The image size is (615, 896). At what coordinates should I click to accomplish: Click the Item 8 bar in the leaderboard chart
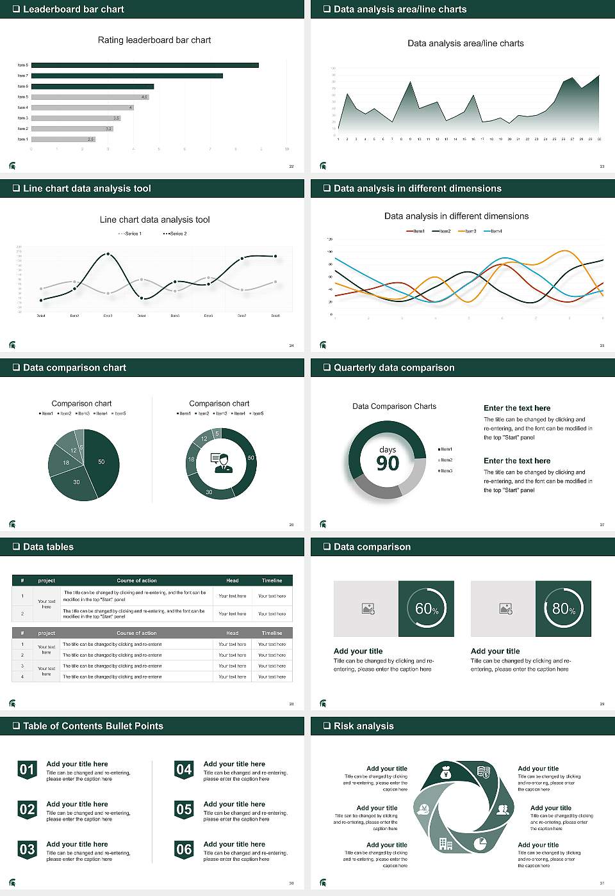coord(145,65)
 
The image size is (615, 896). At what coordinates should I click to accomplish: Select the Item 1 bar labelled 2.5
coord(63,139)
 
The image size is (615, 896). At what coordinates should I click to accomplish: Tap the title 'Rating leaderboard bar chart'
coord(154,40)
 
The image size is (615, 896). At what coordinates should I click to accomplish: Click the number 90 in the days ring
coord(388,463)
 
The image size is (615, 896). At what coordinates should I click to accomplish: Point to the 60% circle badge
coord(427,609)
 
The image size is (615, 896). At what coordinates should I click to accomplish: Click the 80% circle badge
coord(563,609)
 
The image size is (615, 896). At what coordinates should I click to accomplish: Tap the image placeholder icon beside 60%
coord(368,609)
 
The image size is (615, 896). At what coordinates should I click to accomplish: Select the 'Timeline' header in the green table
coord(272,580)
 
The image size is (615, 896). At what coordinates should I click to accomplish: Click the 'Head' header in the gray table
coord(232,633)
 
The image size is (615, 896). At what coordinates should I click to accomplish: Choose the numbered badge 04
coord(184,769)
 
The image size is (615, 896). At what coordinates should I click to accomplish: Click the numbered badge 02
coord(27,810)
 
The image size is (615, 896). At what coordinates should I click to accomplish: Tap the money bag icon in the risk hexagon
coord(447,774)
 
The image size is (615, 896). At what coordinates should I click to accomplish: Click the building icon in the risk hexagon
coord(446,844)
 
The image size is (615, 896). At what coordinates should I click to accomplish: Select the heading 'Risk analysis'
coord(363,726)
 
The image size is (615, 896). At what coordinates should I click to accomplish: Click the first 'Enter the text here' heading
coord(517,408)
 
